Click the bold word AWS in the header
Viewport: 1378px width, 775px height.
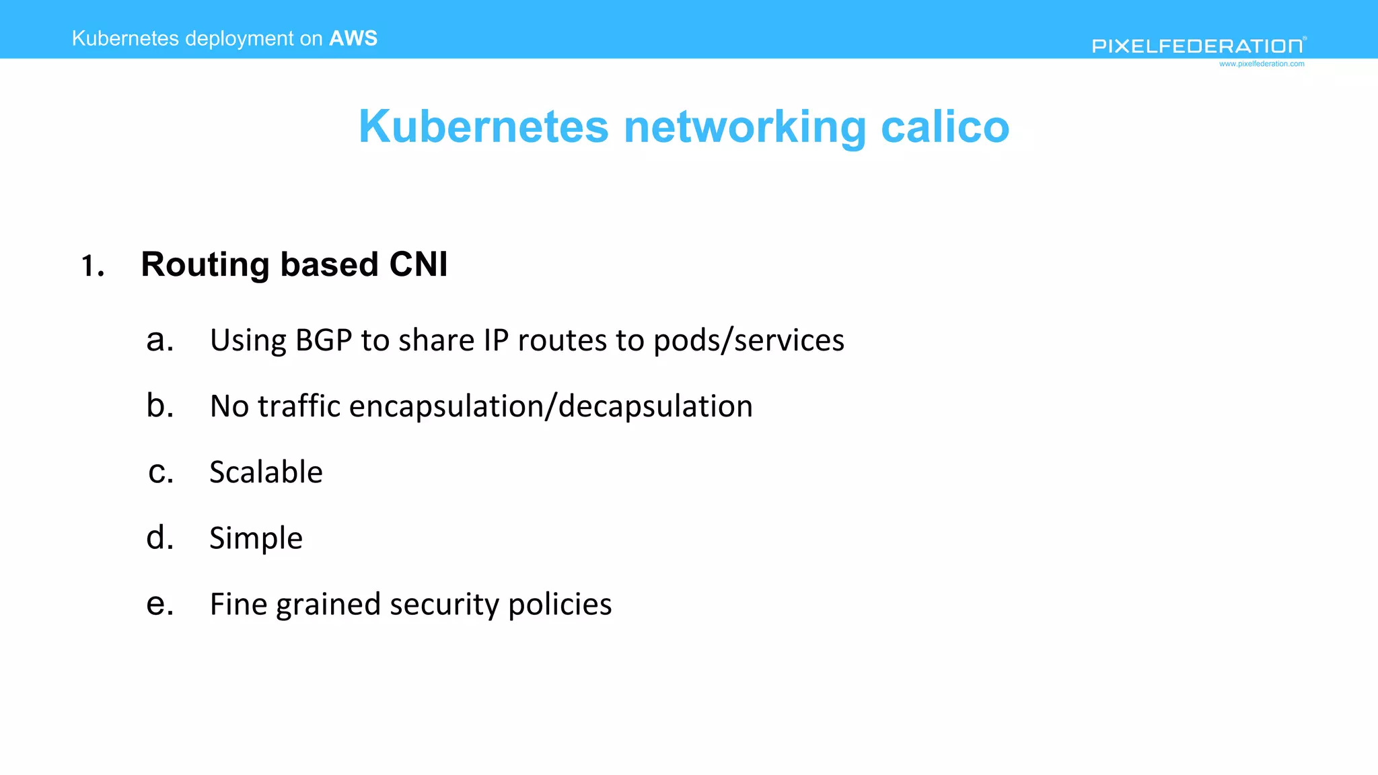coord(353,38)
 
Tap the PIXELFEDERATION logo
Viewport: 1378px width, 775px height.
coord(1198,46)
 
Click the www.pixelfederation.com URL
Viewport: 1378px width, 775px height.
coord(1261,64)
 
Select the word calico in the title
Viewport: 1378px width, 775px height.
coord(945,126)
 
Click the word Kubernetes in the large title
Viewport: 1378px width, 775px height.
coord(483,126)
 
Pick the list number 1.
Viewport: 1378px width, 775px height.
coord(92,266)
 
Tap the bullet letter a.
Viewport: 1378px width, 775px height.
coord(160,340)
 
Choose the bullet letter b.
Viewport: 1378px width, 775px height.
coord(160,406)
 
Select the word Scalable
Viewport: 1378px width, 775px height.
coord(266,472)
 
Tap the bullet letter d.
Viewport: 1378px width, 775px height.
coord(160,538)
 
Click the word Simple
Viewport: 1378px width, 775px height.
coord(256,539)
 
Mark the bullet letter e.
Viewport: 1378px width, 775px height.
coord(160,603)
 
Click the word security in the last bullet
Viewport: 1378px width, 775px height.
coord(444,605)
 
